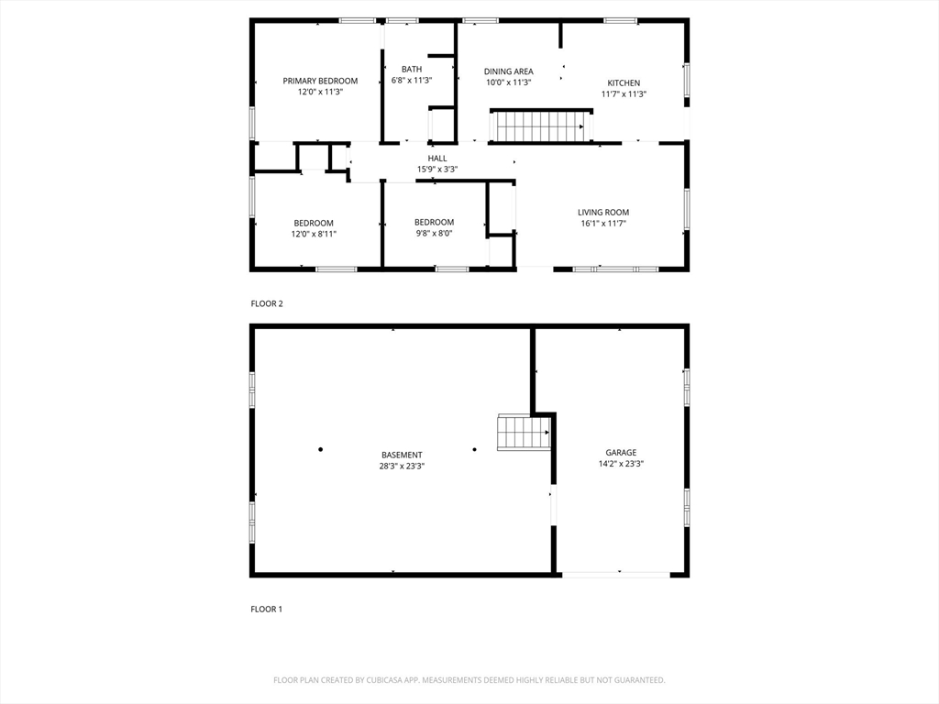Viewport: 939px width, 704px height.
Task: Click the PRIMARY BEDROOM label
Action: [320, 81]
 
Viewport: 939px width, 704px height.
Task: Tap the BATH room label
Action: [412, 70]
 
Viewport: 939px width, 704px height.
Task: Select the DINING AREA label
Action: [508, 71]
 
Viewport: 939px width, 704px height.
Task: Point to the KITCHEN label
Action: [624, 83]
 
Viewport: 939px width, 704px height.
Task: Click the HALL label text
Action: [437, 159]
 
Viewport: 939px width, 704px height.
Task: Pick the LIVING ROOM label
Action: [603, 212]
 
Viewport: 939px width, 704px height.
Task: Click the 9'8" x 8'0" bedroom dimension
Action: [434, 234]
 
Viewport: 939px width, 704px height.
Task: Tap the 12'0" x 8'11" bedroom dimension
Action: [314, 234]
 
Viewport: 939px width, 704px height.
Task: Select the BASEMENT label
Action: [402, 455]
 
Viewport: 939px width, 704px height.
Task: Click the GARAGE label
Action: [621, 453]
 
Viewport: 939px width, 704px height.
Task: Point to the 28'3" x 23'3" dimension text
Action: [402, 466]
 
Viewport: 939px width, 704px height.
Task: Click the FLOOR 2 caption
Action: [267, 303]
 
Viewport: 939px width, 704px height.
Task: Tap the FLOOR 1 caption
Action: [266, 609]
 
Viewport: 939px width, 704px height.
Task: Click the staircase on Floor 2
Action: [541, 126]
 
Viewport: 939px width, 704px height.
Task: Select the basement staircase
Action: [524, 433]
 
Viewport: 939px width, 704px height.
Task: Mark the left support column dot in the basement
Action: [320, 449]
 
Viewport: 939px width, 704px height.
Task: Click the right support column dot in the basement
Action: [474, 449]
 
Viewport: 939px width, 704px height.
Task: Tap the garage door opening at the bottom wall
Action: [615, 575]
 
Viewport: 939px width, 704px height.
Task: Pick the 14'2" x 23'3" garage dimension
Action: [621, 463]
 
